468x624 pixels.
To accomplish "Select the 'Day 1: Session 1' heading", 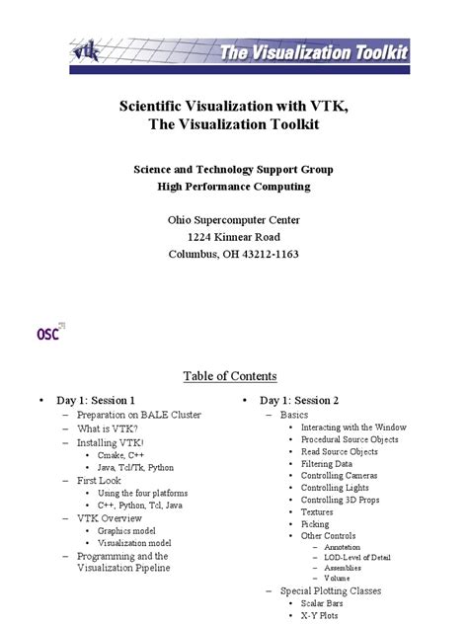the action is [95, 401].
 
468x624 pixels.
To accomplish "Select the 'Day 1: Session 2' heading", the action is [299, 401].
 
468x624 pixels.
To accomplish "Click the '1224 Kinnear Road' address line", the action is [233, 237].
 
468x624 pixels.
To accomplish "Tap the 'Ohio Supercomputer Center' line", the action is [233, 219].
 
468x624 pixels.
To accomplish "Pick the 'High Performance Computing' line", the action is [233, 186].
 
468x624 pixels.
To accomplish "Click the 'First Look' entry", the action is [99, 480].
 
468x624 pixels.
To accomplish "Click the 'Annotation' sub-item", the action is [342, 547].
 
